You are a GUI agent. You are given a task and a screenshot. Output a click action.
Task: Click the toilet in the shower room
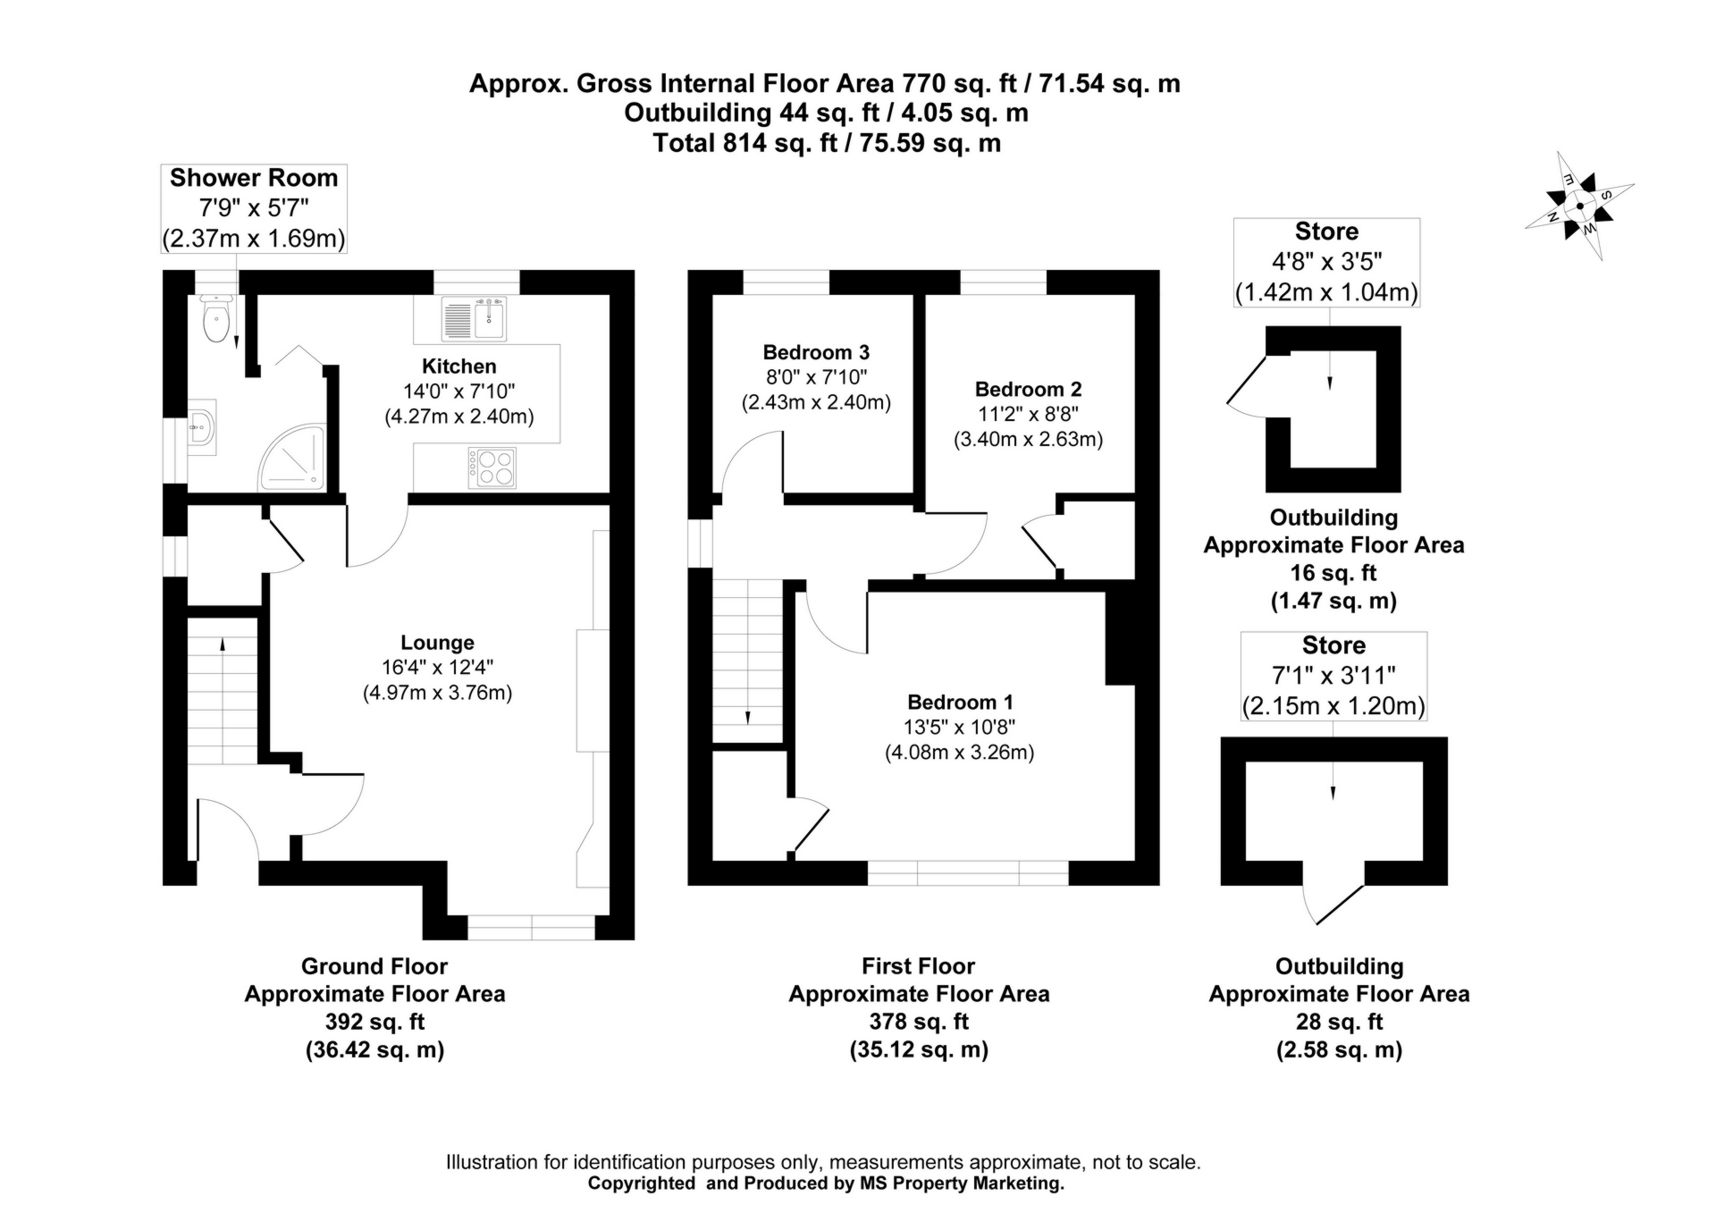click(216, 321)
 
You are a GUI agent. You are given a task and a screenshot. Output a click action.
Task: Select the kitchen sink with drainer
click(474, 318)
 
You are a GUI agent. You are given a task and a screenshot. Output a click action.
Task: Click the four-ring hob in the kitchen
click(492, 468)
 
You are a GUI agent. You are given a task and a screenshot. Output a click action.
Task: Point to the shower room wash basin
click(203, 428)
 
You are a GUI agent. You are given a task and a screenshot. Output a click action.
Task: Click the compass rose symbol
click(1579, 206)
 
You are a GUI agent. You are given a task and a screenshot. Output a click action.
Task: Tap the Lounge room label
click(437, 642)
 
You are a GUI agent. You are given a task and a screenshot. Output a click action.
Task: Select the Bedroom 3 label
click(815, 352)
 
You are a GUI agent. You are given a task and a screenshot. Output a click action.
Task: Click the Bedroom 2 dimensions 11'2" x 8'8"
click(1028, 414)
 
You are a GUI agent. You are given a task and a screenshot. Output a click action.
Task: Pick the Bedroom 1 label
click(960, 702)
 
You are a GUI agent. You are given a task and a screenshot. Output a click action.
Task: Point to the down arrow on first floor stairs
click(747, 716)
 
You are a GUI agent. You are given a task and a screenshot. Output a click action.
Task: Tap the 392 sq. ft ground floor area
click(374, 1021)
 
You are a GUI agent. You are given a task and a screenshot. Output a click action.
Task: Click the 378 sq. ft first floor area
click(919, 1021)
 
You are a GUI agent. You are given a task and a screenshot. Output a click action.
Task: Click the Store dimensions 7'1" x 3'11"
click(1333, 675)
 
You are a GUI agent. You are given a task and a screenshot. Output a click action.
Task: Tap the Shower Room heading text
click(254, 178)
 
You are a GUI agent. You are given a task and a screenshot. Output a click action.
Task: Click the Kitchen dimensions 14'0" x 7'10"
click(458, 391)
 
